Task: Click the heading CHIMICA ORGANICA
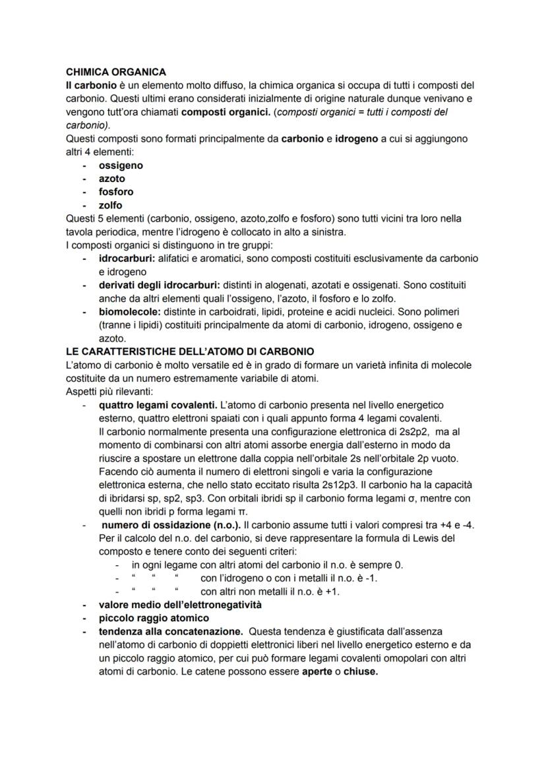(116, 72)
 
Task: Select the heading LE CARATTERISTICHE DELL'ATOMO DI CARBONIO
(191, 351)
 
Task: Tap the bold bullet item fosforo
(116, 192)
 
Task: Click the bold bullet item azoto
(111, 179)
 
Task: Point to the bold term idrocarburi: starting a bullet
(127, 258)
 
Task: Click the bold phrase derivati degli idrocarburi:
(156, 285)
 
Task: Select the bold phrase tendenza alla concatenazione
(171, 631)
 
